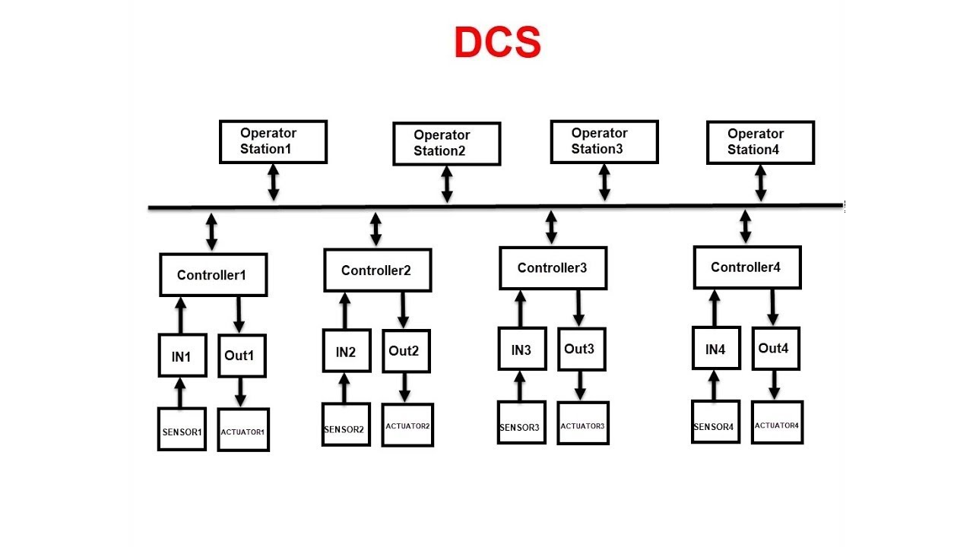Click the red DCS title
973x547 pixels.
tap(497, 43)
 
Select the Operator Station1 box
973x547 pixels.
tap(273, 141)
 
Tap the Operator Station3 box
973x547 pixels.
tap(604, 141)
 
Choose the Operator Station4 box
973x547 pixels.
tap(760, 142)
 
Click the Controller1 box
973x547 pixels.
tap(213, 275)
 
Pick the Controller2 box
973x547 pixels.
tap(377, 270)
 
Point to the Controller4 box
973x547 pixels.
tap(746, 267)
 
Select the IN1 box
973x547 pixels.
tap(182, 356)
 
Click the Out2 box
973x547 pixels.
tap(405, 351)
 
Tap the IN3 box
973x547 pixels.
tap(521, 349)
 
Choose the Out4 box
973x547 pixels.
tap(775, 349)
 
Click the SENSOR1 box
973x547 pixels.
tap(182, 430)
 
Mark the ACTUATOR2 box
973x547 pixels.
tap(407, 425)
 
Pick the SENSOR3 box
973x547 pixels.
tap(521, 424)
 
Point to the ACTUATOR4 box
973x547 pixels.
tap(777, 423)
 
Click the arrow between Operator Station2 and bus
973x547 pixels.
tap(447, 185)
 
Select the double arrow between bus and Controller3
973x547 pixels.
tap(551, 227)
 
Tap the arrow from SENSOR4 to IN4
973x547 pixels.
tap(714, 385)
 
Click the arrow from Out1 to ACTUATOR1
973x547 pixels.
tap(240, 392)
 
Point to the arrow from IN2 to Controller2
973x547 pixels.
tap(344, 311)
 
